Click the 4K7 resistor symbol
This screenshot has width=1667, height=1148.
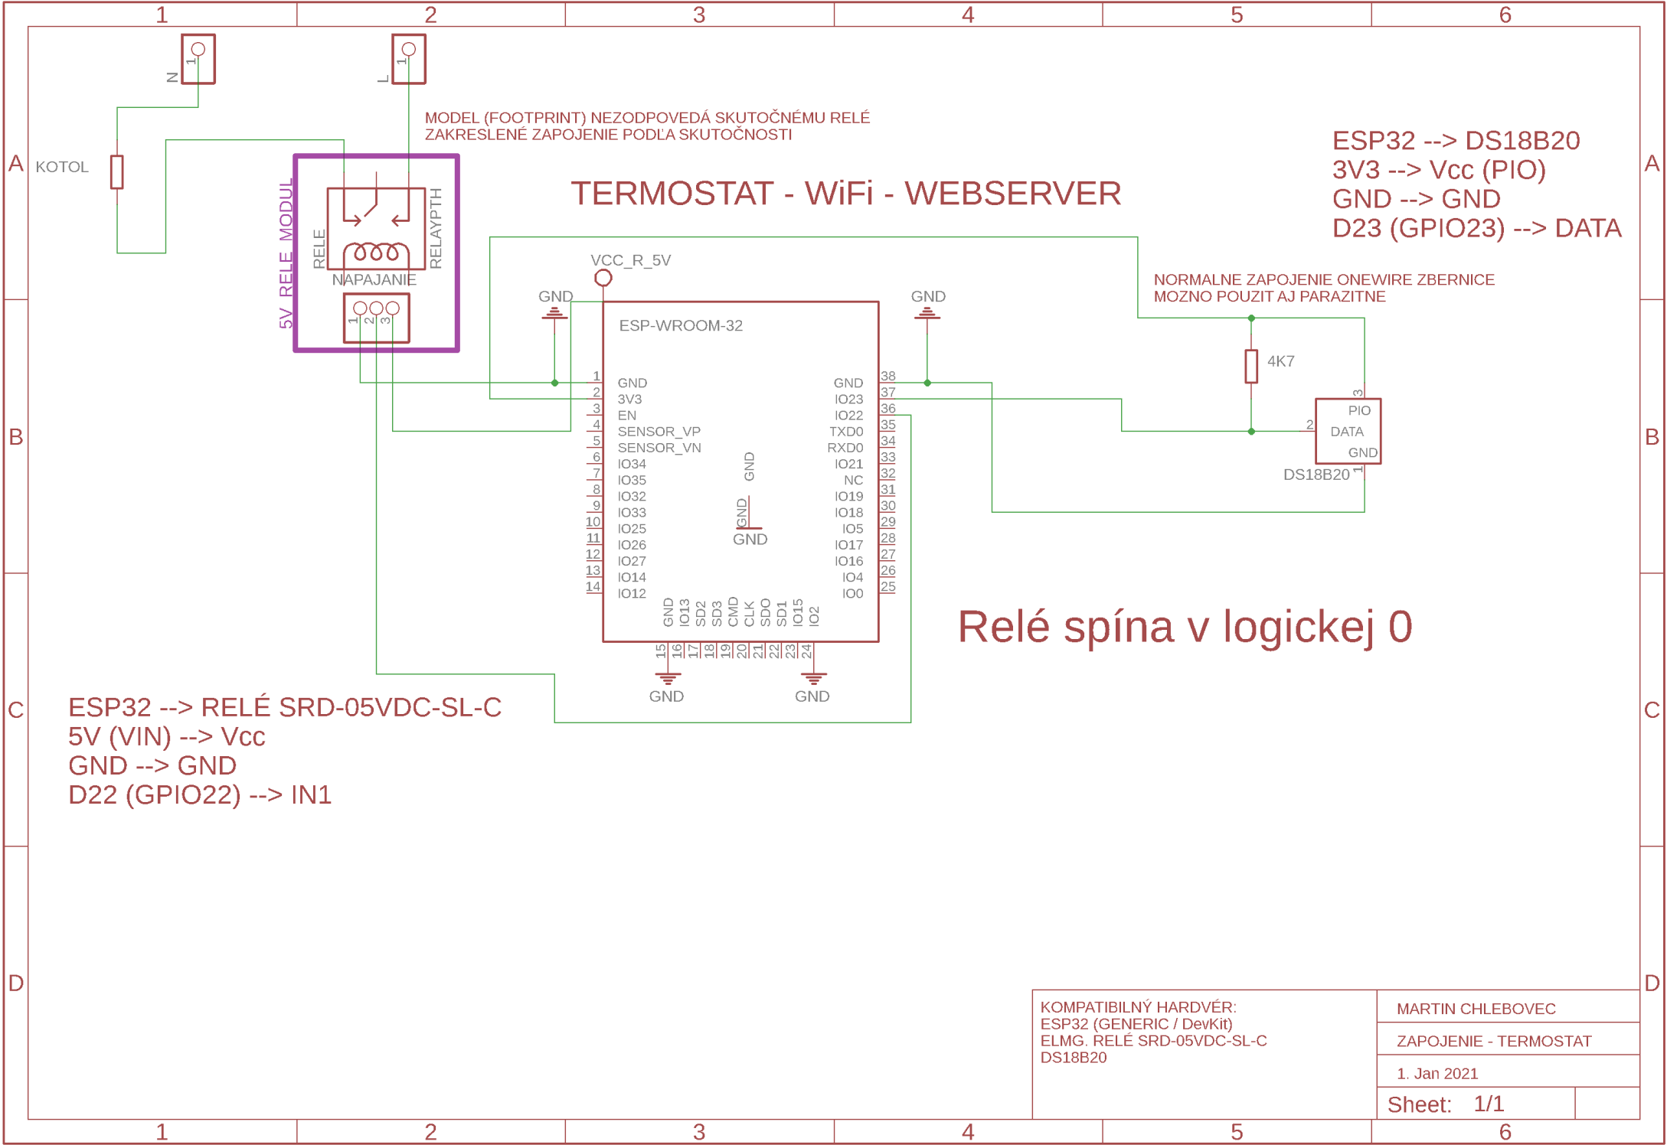point(1250,366)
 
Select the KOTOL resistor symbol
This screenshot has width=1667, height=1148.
point(116,171)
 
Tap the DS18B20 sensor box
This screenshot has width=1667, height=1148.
point(1347,431)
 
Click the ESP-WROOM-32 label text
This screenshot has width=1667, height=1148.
point(680,325)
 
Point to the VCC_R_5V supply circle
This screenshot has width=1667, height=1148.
point(603,278)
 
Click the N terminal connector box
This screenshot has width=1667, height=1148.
point(198,59)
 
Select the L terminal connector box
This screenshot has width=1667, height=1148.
point(408,59)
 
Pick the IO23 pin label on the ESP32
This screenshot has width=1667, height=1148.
point(848,399)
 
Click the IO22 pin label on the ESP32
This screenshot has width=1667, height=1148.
point(848,415)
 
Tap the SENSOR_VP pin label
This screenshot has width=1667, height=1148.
point(659,431)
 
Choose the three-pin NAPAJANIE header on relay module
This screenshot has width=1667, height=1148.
point(376,317)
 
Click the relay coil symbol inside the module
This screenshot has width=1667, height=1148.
point(376,253)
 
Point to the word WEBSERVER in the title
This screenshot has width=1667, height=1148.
point(1012,193)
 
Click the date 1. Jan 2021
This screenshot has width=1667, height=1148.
point(1437,1073)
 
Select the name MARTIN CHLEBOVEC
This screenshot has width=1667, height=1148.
point(1476,1009)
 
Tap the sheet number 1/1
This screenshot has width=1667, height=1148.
point(1488,1104)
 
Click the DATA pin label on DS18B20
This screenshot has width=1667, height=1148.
point(1346,432)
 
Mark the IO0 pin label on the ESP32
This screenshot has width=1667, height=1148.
point(852,593)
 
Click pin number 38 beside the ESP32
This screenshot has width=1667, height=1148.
point(887,376)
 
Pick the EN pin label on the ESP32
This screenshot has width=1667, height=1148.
point(626,415)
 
